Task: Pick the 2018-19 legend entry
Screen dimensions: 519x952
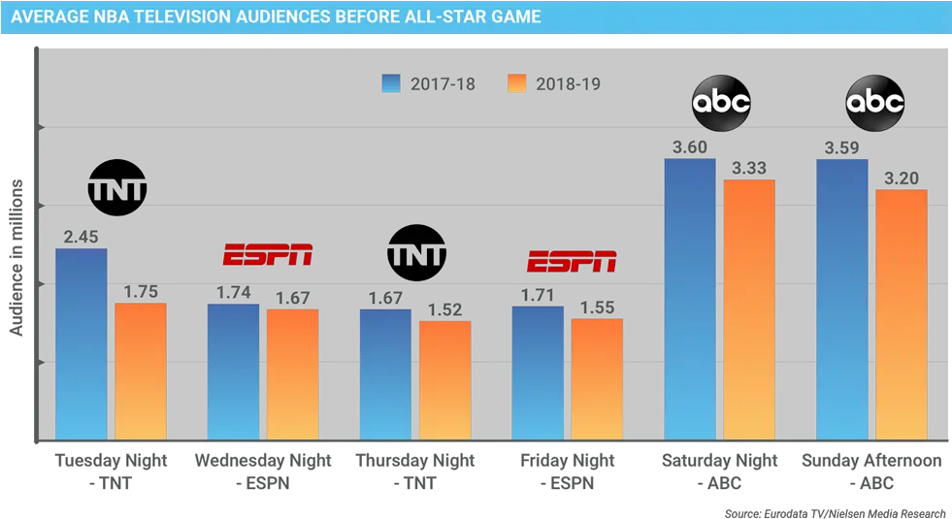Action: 554,84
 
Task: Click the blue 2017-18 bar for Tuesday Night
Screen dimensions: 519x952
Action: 81,344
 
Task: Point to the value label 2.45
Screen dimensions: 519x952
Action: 82,236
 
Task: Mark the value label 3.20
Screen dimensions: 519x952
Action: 902,178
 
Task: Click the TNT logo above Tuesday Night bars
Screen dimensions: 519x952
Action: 117,187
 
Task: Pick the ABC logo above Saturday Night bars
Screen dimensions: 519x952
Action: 720,102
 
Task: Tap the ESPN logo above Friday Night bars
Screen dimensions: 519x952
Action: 572,261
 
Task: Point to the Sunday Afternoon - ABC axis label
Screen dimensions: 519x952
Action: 870,470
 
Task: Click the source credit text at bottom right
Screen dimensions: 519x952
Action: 835,510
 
